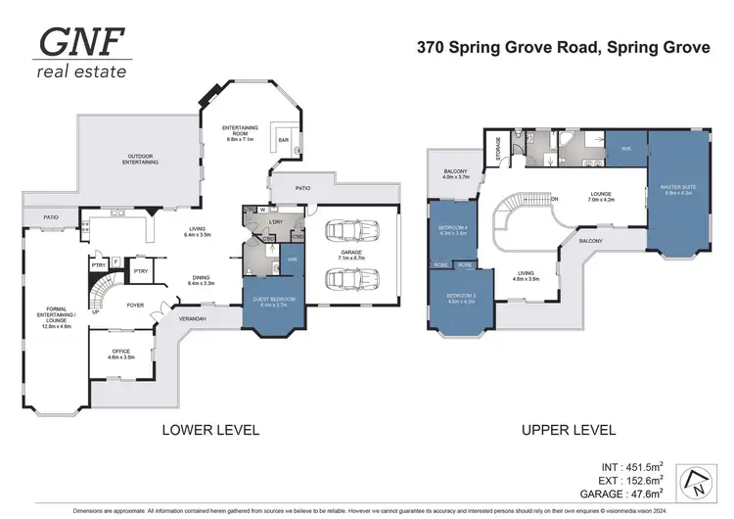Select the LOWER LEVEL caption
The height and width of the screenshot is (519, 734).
210,429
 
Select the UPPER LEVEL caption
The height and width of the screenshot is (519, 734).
569,429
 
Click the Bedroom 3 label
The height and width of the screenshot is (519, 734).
462,296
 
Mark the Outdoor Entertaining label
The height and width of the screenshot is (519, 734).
141,159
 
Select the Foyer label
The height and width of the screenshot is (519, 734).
135,306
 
